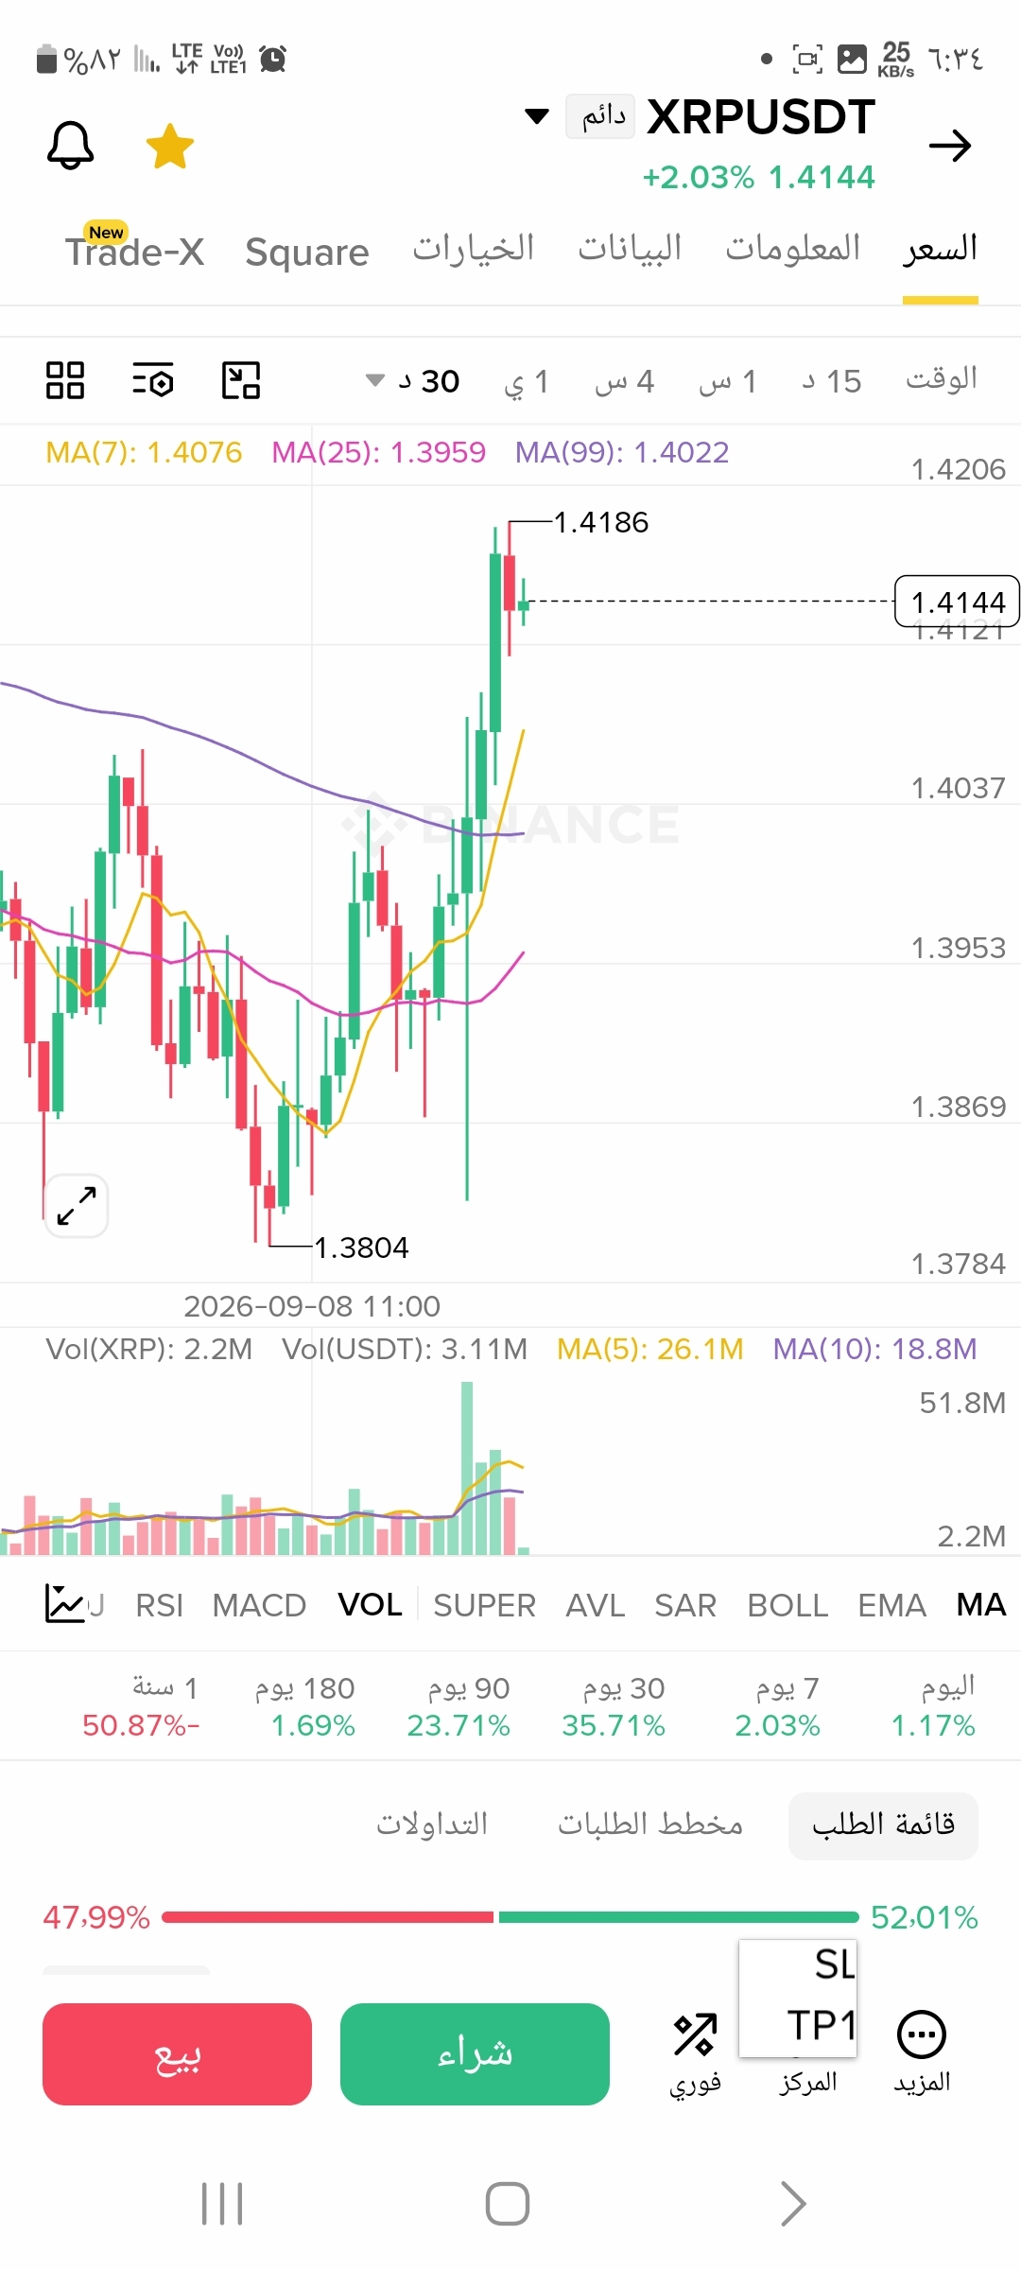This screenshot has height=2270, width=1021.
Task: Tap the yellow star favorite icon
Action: coord(170,147)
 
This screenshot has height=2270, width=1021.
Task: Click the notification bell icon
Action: coord(71,146)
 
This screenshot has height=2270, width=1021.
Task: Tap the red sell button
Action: coord(177,2054)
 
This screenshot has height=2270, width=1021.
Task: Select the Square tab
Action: coord(307,252)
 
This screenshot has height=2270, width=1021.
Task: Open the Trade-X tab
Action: coord(134,250)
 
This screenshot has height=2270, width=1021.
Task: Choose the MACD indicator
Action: coord(259,1605)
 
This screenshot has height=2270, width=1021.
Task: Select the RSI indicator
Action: coord(160,1605)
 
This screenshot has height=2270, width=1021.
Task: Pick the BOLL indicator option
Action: coord(787,1605)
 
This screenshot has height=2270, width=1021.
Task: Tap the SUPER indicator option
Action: coord(484,1605)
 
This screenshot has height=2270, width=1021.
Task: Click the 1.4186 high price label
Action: coord(601,522)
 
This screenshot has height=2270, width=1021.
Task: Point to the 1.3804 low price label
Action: coord(361,1248)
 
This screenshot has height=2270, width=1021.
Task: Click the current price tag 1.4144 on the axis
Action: coord(957,602)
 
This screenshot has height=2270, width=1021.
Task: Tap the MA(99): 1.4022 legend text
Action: coord(622,452)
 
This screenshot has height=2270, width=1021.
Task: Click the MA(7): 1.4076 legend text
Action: coord(144,452)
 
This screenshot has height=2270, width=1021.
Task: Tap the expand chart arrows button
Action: coord(77,1206)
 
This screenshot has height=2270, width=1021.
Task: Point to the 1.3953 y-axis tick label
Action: coord(958,948)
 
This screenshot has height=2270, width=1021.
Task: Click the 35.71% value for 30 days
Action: coord(614,1725)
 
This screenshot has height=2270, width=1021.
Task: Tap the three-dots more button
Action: coord(922,2034)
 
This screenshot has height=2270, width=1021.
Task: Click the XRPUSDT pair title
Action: coord(761,117)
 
